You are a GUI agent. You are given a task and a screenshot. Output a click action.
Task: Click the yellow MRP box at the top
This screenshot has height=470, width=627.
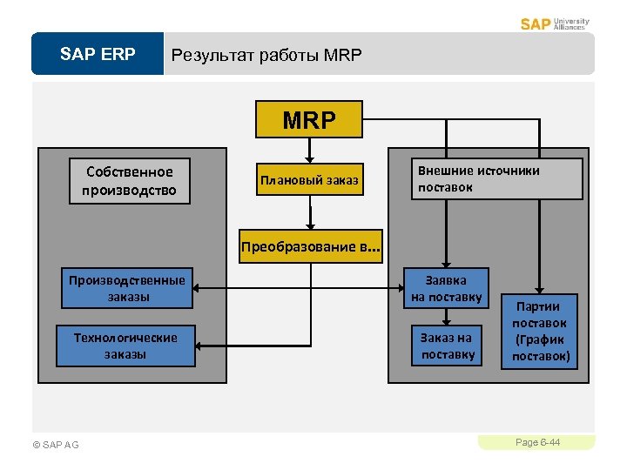(x=308, y=120)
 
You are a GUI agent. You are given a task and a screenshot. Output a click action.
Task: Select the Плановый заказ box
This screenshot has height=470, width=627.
(x=308, y=180)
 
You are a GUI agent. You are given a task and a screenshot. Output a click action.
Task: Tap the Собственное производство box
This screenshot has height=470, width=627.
(x=130, y=181)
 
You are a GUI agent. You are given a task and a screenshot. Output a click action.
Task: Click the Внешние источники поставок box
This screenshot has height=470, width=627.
(x=496, y=178)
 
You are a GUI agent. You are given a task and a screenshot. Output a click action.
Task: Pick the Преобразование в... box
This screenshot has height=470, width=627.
(x=311, y=246)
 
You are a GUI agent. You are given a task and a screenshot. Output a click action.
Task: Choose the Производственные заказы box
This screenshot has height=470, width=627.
(x=127, y=288)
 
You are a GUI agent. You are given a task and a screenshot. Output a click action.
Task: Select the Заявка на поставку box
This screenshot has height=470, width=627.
(x=446, y=288)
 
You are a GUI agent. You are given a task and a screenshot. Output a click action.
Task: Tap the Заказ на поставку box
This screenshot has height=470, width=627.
(x=446, y=346)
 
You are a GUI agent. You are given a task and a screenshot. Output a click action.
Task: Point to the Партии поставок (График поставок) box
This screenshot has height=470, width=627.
(x=539, y=332)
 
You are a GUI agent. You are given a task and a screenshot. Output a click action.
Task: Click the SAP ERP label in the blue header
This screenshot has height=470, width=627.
(x=98, y=55)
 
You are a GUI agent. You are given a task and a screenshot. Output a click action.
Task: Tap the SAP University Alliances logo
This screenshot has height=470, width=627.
(x=555, y=23)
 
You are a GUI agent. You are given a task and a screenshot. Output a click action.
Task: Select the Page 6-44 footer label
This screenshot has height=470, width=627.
(x=537, y=443)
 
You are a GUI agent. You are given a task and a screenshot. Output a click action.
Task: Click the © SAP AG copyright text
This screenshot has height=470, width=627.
(x=55, y=445)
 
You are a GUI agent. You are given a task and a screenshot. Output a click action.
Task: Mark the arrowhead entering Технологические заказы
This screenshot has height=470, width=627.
(x=197, y=345)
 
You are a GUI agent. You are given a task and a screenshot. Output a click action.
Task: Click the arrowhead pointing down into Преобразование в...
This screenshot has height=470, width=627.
(x=308, y=228)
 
